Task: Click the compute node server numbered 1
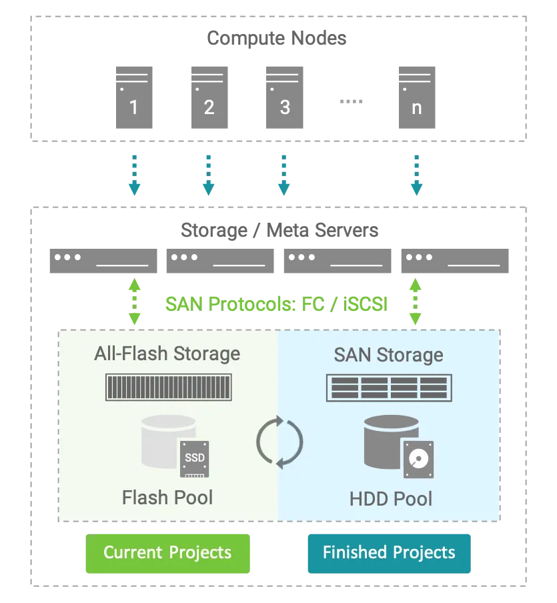pyautogui.click(x=134, y=97)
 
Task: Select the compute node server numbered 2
pyautogui.click(x=209, y=97)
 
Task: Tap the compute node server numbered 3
pyautogui.click(x=285, y=97)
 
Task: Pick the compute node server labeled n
pyautogui.click(x=417, y=97)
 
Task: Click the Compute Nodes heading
pyautogui.click(x=277, y=38)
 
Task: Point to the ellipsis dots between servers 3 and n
pyautogui.click(x=351, y=101)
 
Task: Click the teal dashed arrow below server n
pyautogui.click(x=417, y=175)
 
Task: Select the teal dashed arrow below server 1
pyautogui.click(x=134, y=175)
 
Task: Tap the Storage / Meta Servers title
pyautogui.click(x=280, y=230)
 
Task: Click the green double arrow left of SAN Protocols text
pyautogui.click(x=134, y=301)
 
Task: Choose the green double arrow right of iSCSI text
pyautogui.click(x=416, y=301)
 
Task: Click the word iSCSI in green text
pyautogui.click(x=365, y=304)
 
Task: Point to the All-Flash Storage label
pyautogui.click(x=167, y=354)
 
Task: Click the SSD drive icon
pyautogui.click(x=195, y=459)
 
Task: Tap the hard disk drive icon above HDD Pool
pyautogui.click(x=418, y=460)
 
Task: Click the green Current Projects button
pyautogui.click(x=167, y=554)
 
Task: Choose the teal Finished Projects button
pyautogui.click(x=390, y=554)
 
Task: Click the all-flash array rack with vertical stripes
pyautogui.click(x=169, y=388)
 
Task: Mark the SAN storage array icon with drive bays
pyautogui.click(x=390, y=388)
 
